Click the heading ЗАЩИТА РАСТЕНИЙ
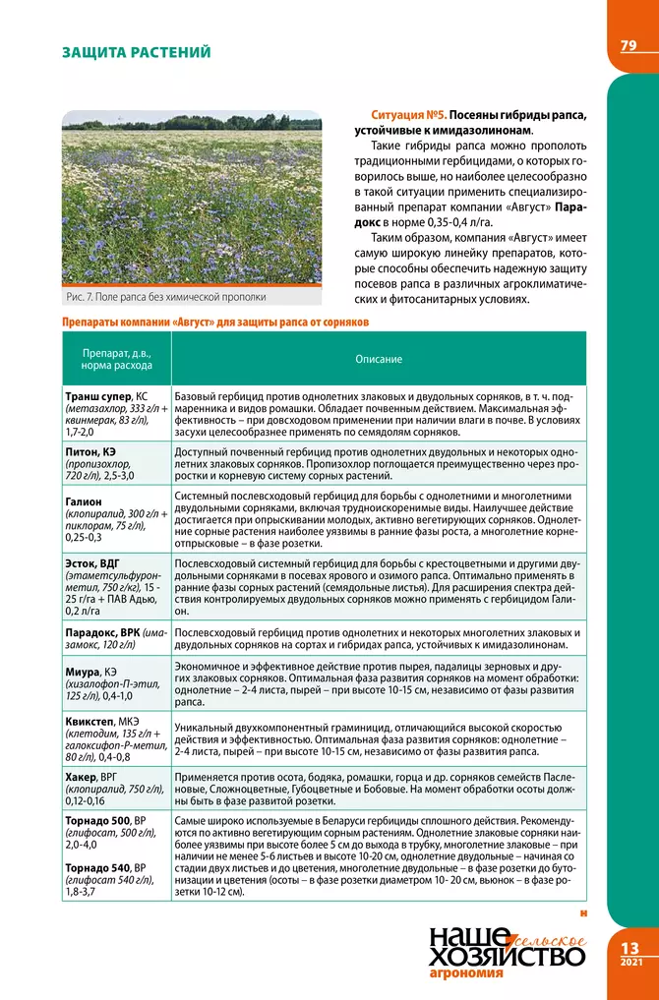click(x=136, y=51)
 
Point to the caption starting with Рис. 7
click(x=165, y=296)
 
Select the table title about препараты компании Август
click(x=214, y=322)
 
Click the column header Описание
click(x=379, y=360)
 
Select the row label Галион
click(x=84, y=500)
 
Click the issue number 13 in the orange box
click(x=629, y=947)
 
